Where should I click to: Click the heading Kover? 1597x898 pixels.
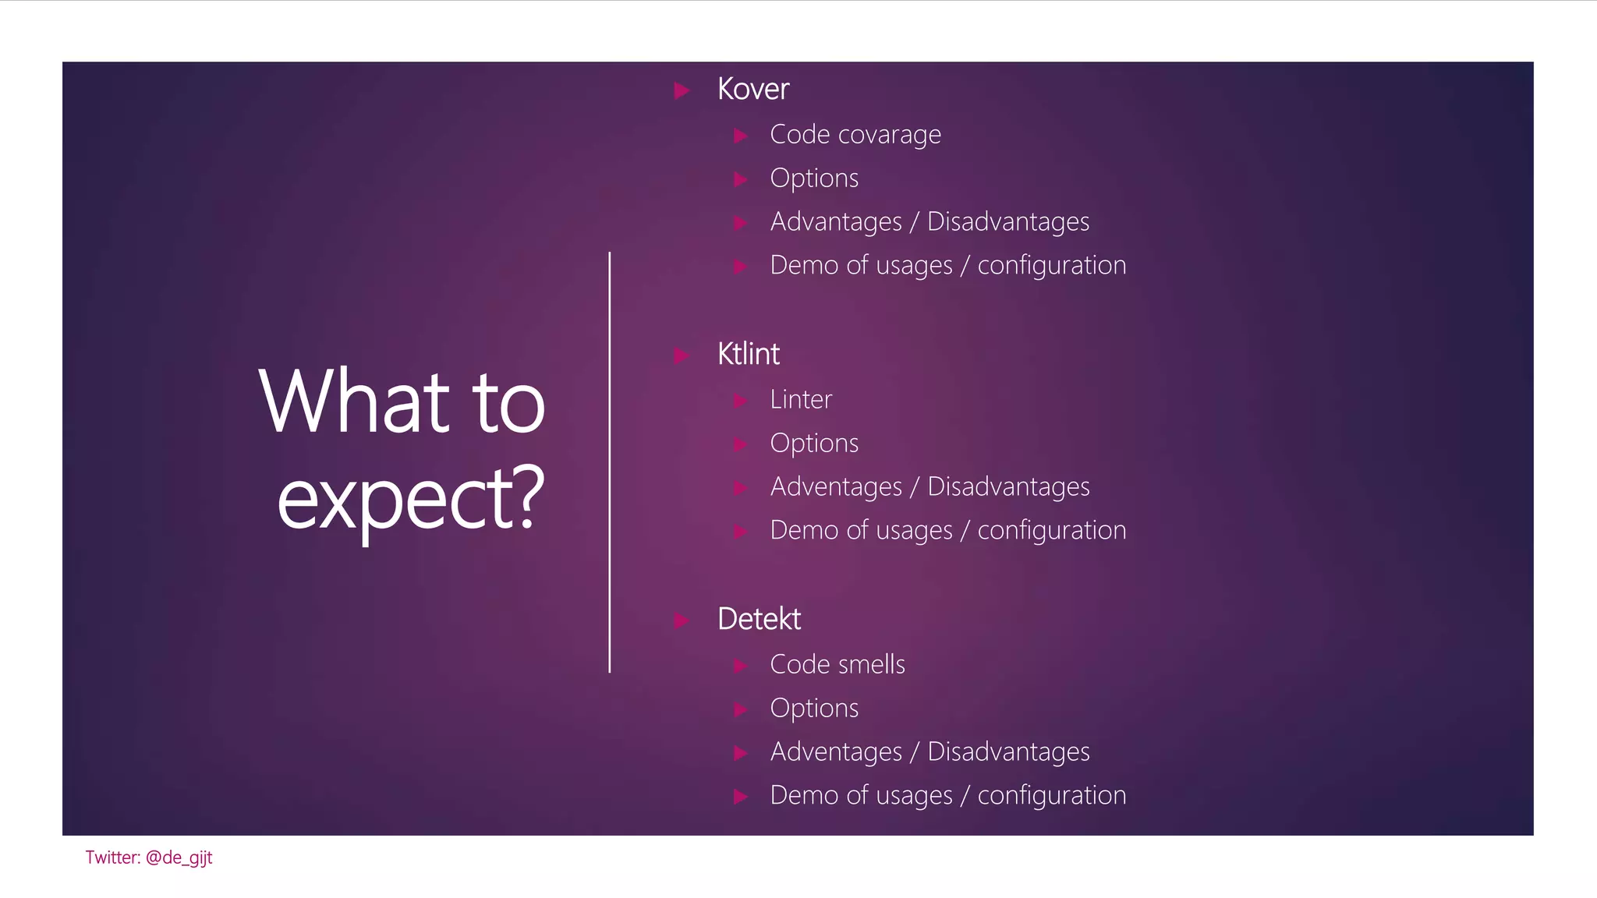(x=752, y=89)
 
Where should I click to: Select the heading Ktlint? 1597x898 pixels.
(x=748, y=354)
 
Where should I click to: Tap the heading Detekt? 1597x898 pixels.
(x=758, y=619)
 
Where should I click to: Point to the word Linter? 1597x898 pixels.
(x=800, y=399)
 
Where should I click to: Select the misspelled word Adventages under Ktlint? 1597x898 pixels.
(x=835, y=486)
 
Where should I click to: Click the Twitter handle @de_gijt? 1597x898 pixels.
(x=179, y=857)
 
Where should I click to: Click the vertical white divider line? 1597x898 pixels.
(x=609, y=461)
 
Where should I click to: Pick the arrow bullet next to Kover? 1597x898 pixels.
(x=682, y=90)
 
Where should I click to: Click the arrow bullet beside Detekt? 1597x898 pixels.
(x=682, y=620)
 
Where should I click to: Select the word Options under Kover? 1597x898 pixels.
(x=813, y=179)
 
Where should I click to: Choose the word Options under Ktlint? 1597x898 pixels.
(x=813, y=444)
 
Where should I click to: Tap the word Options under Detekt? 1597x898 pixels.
(x=813, y=709)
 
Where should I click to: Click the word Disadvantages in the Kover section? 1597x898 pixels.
(x=1007, y=222)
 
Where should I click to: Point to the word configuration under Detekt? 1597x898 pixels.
(x=1051, y=795)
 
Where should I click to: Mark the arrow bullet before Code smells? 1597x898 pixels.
(x=741, y=666)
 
